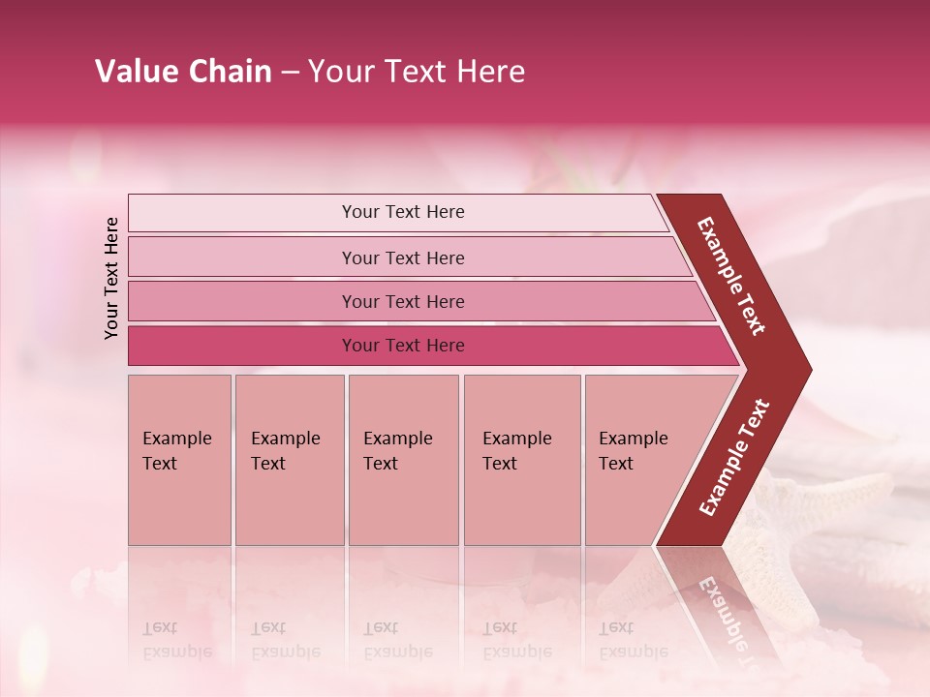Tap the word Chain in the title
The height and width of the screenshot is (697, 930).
click(x=232, y=72)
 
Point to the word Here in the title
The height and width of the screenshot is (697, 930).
click(x=489, y=72)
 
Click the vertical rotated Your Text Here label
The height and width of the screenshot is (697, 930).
click(x=111, y=278)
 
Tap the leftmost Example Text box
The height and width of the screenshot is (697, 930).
click(x=179, y=459)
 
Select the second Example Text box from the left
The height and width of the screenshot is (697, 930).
click(x=290, y=459)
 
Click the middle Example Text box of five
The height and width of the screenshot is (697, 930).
click(x=403, y=459)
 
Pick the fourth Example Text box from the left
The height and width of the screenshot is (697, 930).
click(x=522, y=459)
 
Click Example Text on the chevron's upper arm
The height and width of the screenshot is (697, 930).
click(x=731, y=275)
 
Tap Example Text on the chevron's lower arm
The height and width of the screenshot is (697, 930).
click(x=734, y=457)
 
